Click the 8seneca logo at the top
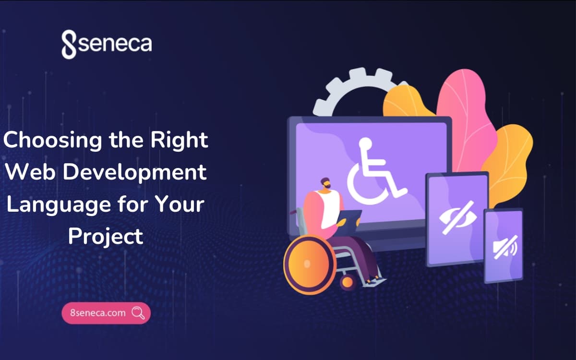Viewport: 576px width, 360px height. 107,44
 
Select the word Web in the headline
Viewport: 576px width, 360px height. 30,171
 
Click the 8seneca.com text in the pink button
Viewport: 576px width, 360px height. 98,313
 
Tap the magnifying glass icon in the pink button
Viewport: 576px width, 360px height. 138,313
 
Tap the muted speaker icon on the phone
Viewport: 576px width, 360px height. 505,247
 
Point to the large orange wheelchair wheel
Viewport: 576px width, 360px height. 311,264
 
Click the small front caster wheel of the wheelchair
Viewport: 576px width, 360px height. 348,282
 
